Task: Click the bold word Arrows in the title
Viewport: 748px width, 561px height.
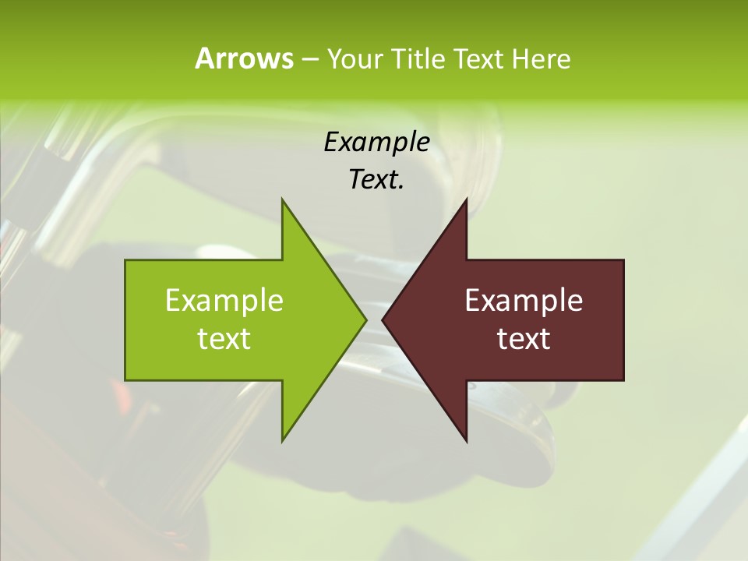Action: [x=243, y=58]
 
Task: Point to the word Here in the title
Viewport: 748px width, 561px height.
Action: [x=541, y=58]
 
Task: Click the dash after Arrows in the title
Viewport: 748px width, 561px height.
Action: [x=309, y=59]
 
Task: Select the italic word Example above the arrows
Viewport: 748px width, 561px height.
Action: [x=376, y=142]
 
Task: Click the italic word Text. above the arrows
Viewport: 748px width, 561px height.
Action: [x=376, y=180]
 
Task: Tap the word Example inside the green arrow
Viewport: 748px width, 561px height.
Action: [x=224, y=301]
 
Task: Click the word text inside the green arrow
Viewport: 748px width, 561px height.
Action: [x=224, y=339]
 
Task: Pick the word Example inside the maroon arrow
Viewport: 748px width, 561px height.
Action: [x=524, y=301]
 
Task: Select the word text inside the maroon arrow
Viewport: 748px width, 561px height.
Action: [x=524, y=339]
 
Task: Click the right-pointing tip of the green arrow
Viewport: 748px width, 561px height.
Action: [x=365, y=319]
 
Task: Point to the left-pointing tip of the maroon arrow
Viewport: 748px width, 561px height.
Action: [x=383, y=319]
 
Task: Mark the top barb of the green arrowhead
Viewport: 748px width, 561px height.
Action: [x=283, y=200]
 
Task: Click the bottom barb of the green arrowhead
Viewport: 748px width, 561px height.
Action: [x=283, y=440]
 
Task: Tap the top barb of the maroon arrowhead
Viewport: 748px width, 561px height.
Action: [x=466, y=200]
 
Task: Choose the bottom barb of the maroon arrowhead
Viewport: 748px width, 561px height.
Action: [x=466, y=440]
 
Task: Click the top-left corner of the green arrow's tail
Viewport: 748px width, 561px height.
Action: [x=126, y=261]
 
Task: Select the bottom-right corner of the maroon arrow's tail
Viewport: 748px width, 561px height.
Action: [x=623, y=379]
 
